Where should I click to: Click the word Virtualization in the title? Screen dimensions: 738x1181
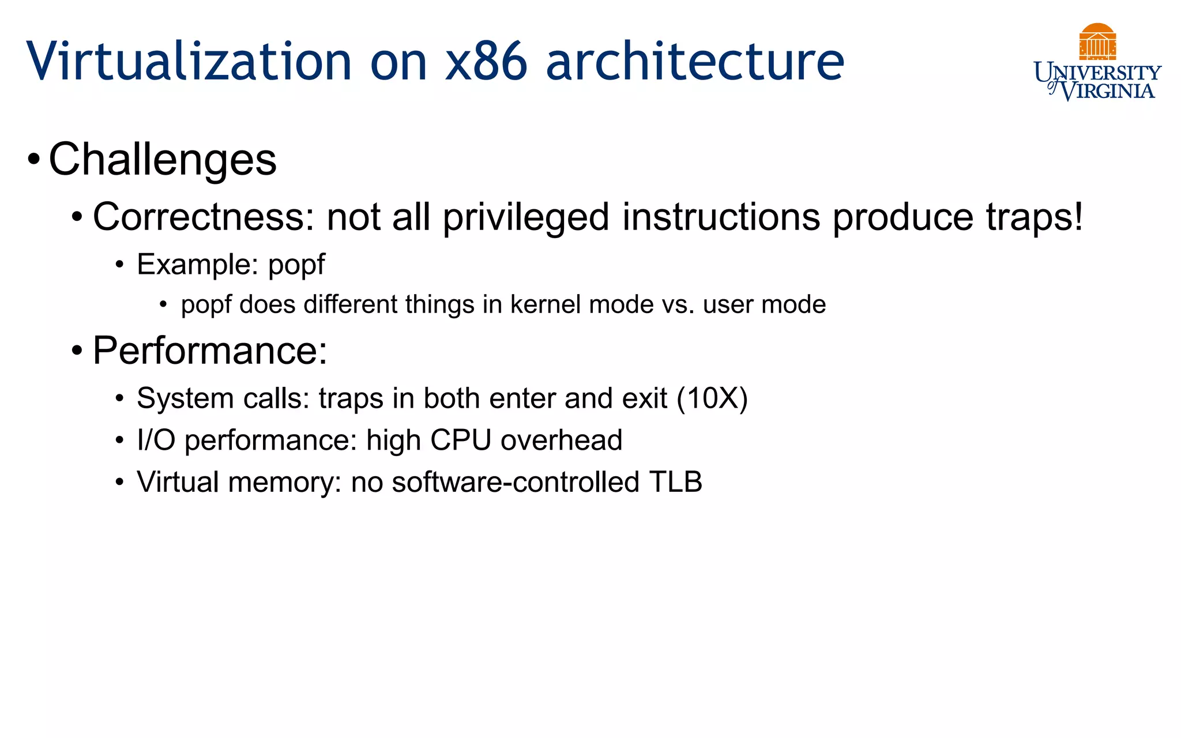point(189,61)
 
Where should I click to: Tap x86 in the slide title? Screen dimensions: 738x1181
point(486,61)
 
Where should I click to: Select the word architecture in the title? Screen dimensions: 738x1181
point(694,61)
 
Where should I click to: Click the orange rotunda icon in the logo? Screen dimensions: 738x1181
point(1097,41)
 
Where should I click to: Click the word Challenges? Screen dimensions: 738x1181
point(163,159)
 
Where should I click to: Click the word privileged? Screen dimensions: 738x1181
point(526,217)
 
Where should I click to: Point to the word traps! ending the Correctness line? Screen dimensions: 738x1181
point(1034,217)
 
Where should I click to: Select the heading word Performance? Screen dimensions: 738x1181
point(209,350)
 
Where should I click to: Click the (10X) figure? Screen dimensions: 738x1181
point(712,398)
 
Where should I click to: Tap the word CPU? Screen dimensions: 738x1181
point(460,440)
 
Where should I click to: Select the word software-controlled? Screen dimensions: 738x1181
point(516,482)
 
